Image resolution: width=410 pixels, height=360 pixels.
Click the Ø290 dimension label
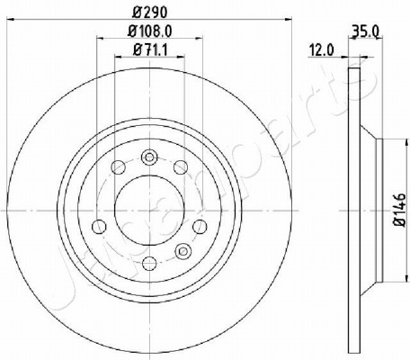tap(149, 13)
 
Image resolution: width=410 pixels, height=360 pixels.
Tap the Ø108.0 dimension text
tap(150, 31)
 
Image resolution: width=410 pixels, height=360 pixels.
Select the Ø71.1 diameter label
tap(149, 49)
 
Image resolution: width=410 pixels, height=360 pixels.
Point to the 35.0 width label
tap(365, 31)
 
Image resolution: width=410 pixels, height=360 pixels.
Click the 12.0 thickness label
tap(321, 49)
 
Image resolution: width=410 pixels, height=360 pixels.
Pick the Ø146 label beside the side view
tap(400, 210)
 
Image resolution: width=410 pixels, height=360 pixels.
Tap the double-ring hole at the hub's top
tap(149, 157)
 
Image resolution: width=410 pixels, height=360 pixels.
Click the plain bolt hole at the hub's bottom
tap(149, 264)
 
